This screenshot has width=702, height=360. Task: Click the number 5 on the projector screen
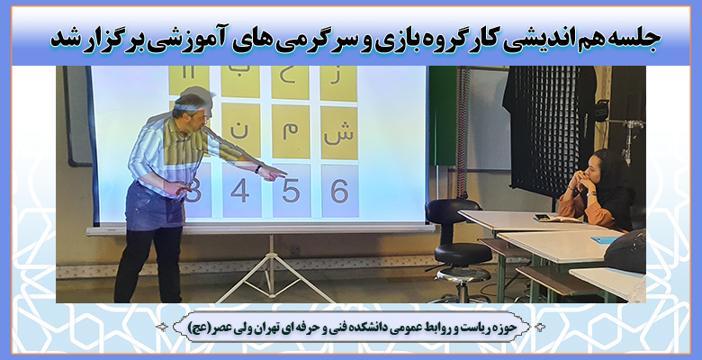click(x=291, y=191)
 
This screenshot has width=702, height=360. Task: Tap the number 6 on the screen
click(x=339, y=191)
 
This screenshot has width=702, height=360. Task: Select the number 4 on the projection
click(x=240, y=191)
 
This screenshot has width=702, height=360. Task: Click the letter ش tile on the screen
click(x=339, y=132)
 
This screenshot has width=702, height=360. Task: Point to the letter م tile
click(x=291, y=131)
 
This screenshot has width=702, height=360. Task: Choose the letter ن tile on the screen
click(x=241, y=130)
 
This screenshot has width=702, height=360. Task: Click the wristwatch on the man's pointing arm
click(x=259, y=169)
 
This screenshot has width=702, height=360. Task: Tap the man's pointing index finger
click(x=281, y=173)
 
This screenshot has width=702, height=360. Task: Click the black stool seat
click(x=462, y=254)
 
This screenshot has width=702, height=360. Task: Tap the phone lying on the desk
click(x=543, y=218)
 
